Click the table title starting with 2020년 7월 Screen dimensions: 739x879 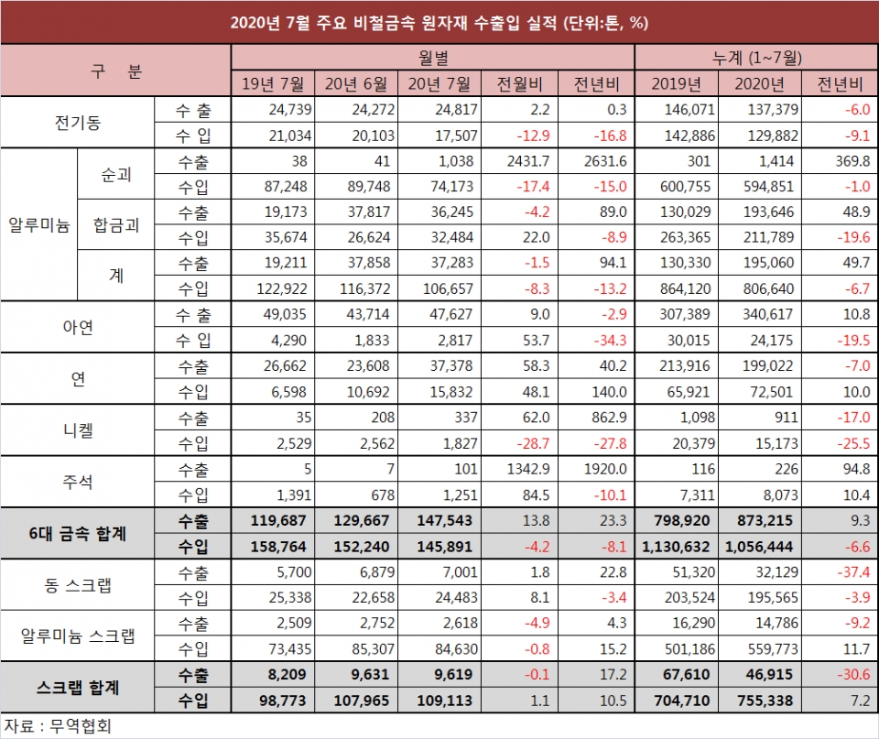click(x=439, y=23)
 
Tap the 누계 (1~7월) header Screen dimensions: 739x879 click(x=756, y=58)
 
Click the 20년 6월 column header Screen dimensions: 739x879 click(x=356, y=85)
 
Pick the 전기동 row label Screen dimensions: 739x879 click(x=78, y=124)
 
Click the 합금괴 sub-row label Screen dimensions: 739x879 click(x=117, y=225)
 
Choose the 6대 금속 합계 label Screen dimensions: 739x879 click(x=78, y=533)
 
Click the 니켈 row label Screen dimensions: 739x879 click(x=78, y=430)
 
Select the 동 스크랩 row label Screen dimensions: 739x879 click(x=78, y=585)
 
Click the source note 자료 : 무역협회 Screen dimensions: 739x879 click(x=60, y=726)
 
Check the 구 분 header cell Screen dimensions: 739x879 click(x=115, y=71)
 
